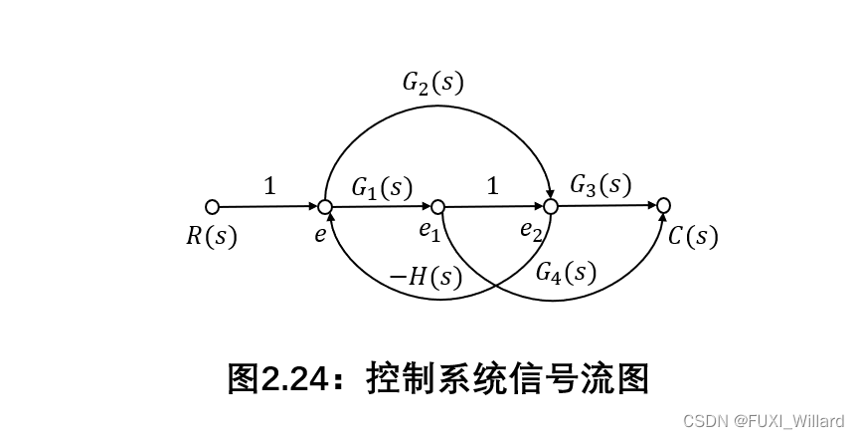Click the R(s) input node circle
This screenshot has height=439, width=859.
click(x=212, y=207)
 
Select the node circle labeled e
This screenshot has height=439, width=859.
click(x=324, y=207)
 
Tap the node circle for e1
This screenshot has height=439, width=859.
click(x=436, y=206)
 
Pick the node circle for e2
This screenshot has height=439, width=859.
click(x=550, y=206)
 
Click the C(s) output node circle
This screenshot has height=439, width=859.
click(x=663, y=205)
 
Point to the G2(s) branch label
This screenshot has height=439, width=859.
click(x=432, y=82)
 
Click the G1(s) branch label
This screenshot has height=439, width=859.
click(x=381, y=186)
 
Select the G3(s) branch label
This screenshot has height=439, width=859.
click(x=600, y=184)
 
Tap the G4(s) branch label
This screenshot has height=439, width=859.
click(x=565, y=272)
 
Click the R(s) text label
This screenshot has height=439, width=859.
click(x=212, y=236)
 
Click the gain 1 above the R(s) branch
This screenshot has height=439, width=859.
click(x=269, y=185)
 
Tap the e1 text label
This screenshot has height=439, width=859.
click(x=429, y=232)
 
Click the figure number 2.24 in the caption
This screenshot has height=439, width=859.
click(x=294, y=378)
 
